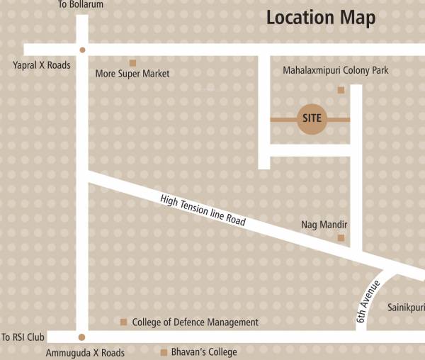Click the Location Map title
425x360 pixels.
321,18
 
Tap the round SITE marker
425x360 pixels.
311,119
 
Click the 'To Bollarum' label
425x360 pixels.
81,5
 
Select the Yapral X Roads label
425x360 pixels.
42,64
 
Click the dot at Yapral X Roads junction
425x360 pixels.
82,50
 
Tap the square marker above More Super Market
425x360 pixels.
132,63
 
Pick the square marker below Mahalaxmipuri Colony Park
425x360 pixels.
341,90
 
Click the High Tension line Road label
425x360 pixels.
203,210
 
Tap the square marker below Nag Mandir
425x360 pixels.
341,238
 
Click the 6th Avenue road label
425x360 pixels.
369,303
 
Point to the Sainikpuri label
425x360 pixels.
406,308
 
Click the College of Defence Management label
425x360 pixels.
195,322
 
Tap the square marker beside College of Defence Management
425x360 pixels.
123,322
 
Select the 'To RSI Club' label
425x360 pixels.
24,337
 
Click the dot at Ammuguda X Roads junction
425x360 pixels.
82,337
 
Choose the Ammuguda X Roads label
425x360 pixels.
84,352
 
